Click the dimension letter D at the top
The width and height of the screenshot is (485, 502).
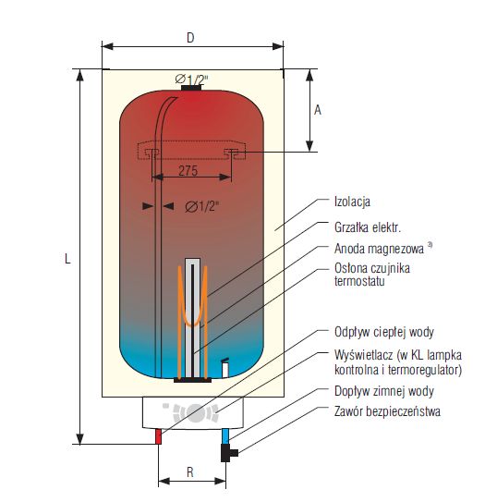pyautogui.click(x=190, y=38)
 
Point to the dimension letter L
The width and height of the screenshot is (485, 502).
pyautogui.click(x=67, y=259)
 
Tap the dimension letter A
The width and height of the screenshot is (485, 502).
pyautogui.click(x=318, y=110)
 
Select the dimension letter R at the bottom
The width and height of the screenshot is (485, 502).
pyautogui.click(x=190, y=472)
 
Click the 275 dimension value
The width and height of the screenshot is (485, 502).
pyautogui.click(x=188, y=171)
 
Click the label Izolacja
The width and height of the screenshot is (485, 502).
pyautogui.click(x=352, y=202)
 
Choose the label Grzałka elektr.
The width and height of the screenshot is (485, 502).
pyautogui.click(x=368, y=227)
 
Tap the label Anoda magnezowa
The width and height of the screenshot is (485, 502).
pyautogui.click(x=379, y=249)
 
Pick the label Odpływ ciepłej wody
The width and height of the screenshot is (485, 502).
pyautogui.click(x=384, y=332)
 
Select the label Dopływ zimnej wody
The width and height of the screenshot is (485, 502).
pyautogui.click(x=384, y=391)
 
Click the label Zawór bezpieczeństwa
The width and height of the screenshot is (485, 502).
pyautogui.click(x=387, y=411)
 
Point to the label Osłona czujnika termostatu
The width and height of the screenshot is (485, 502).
pyautogui.click(x=372, y=275)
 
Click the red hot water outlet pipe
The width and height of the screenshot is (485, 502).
pyautogui.click(x=158, y=436)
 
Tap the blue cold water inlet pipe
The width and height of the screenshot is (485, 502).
pyautogui.click(x=225, y=436)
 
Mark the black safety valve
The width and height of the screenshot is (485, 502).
pyautogui.click(x=229, y=452)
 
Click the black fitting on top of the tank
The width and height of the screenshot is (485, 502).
pyautogui.click(x=191, y=88)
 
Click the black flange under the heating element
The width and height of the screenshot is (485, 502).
pyautogui.click(x=192, y=380)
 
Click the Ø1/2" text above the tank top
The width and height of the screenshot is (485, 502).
pyautogui.click(x=191, y=79)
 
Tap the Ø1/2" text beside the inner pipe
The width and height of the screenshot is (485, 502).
pyautogui.click(x=202, y=206)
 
